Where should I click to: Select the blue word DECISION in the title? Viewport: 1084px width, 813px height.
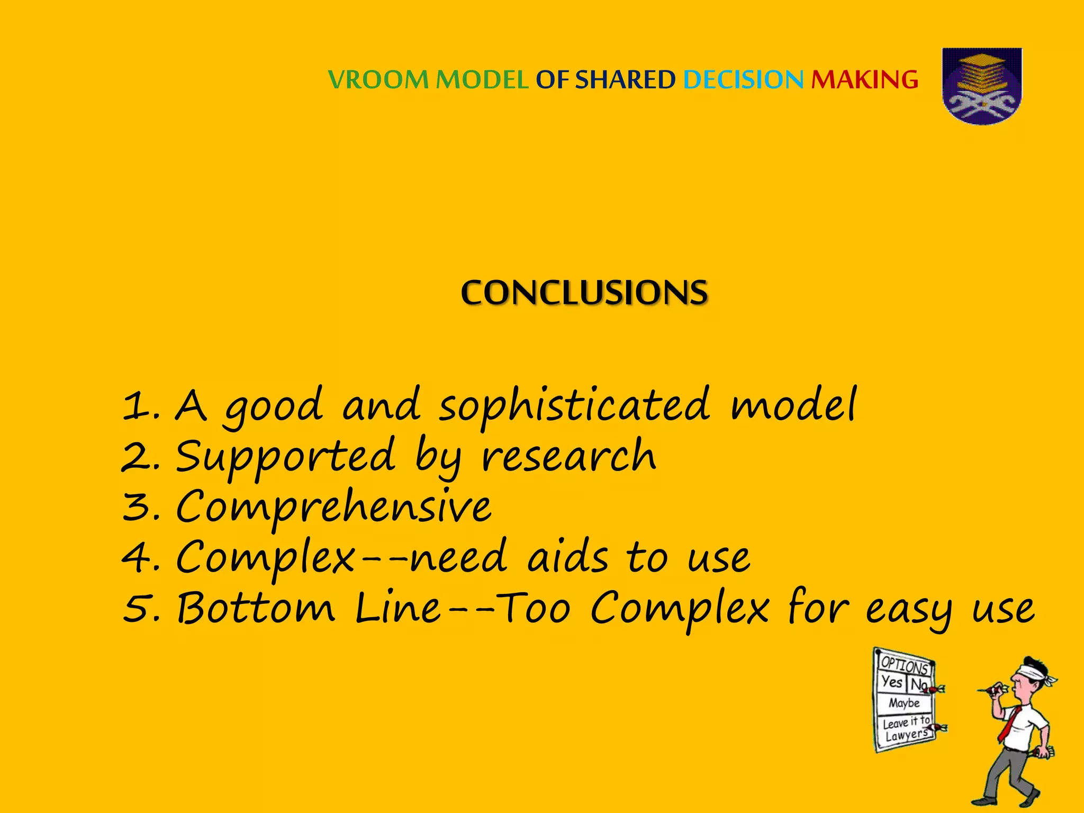pos(743,80)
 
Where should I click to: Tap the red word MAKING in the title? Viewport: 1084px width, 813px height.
pos(864,80)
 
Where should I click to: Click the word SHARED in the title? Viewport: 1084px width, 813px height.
pos(625,80)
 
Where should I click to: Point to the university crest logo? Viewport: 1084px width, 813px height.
pos(982,86)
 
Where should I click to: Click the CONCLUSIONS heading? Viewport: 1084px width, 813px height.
pos(584,293)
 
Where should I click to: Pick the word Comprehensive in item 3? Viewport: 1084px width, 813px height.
pos(333,507)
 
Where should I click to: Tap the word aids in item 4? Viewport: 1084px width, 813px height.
pos(567,557)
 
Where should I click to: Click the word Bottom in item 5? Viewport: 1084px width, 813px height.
pos(256,608)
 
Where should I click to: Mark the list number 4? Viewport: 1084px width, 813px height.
pos(138,558)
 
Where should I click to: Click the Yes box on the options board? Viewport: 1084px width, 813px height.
pos(892,682)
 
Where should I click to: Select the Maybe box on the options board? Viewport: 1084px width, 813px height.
pos(904,703)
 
